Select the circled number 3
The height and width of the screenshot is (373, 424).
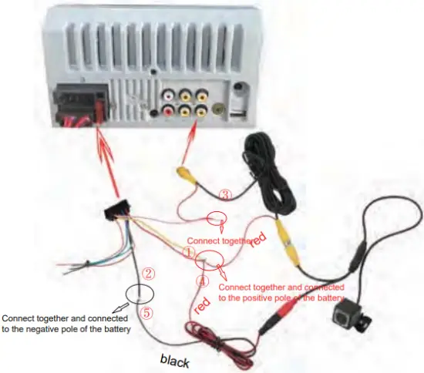225,194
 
